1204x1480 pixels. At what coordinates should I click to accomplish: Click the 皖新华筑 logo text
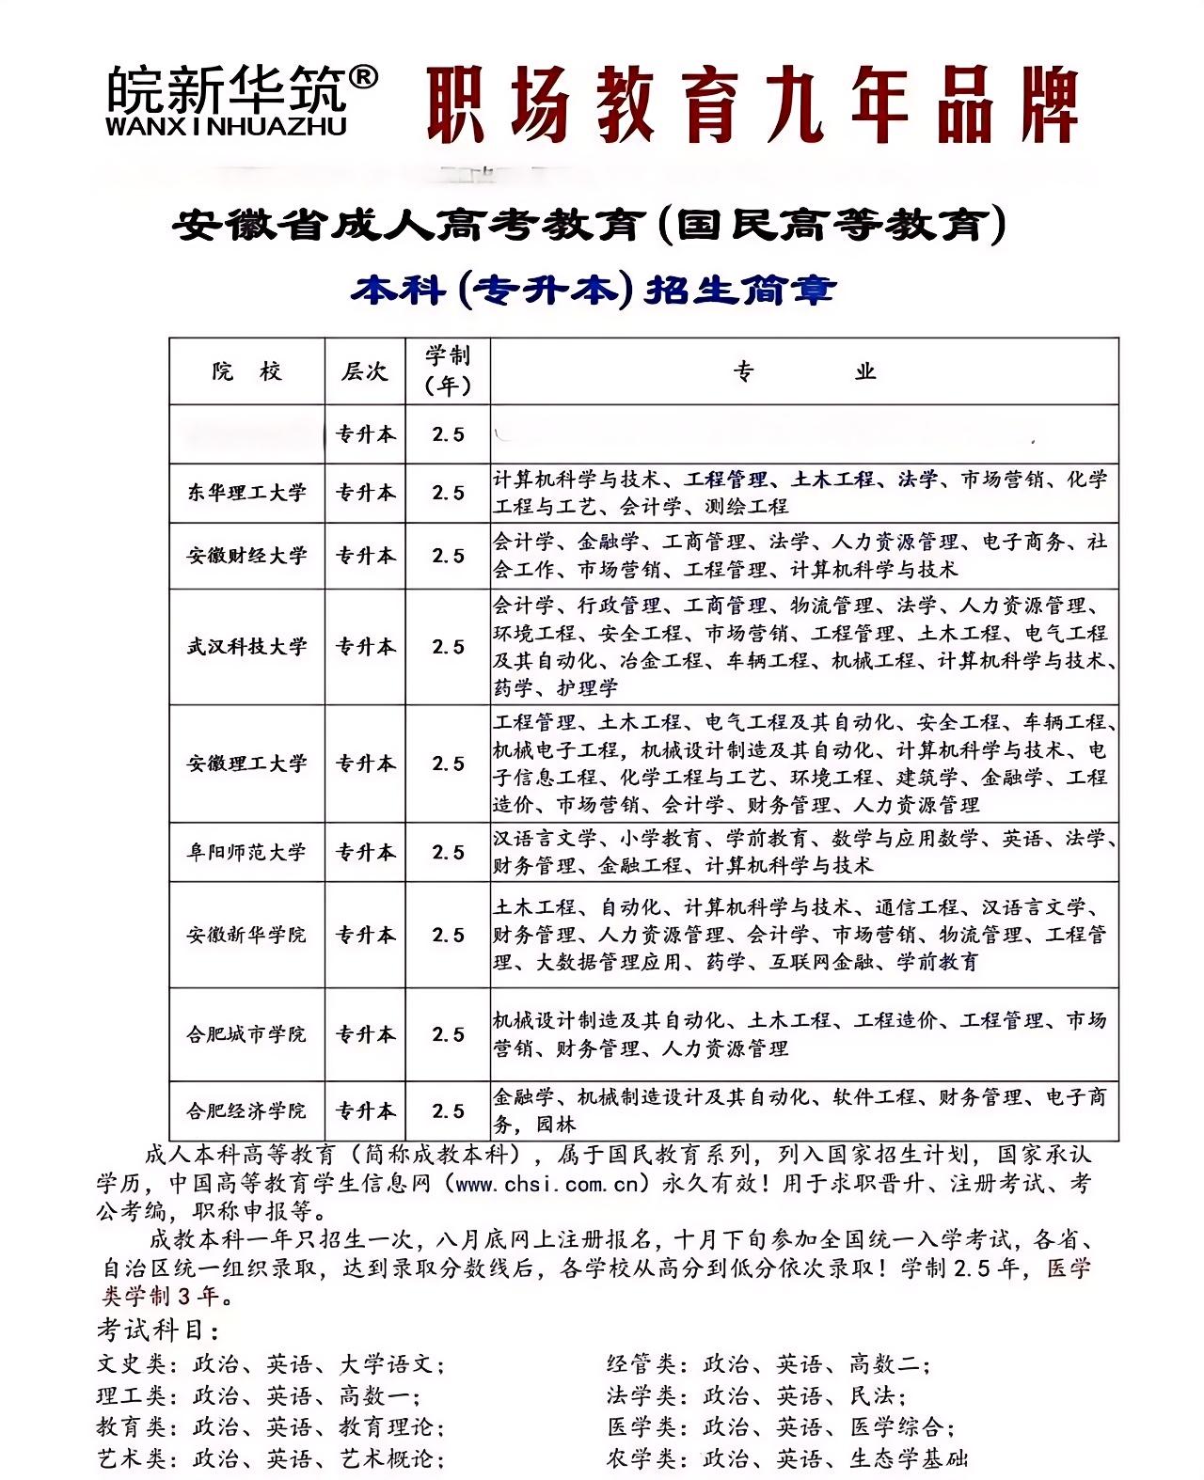226,88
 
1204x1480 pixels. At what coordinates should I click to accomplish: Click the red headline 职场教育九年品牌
752,104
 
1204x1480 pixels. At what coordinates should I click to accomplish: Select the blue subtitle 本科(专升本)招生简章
593,289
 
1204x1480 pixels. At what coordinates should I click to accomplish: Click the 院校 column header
246,371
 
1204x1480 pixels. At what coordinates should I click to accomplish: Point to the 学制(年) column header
448,370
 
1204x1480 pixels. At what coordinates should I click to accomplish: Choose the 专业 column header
804,371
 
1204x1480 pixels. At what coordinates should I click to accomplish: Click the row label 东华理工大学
246,493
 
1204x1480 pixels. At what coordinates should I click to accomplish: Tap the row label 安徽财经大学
246,556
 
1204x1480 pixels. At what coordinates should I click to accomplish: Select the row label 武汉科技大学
246,647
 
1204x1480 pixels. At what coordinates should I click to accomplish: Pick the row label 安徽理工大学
246,764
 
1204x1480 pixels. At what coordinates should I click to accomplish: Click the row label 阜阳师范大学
246,853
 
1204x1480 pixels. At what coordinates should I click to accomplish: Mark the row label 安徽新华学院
246,935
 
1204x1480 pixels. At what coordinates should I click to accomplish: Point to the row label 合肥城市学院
246,1034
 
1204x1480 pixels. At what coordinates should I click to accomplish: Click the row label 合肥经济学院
246,1110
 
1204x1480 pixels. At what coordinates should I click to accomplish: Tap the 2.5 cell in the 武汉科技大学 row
448,647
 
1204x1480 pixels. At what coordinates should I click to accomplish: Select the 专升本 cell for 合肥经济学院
366,1110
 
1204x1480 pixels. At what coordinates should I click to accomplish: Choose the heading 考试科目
158,1331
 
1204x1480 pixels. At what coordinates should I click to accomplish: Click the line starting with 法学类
756,1395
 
